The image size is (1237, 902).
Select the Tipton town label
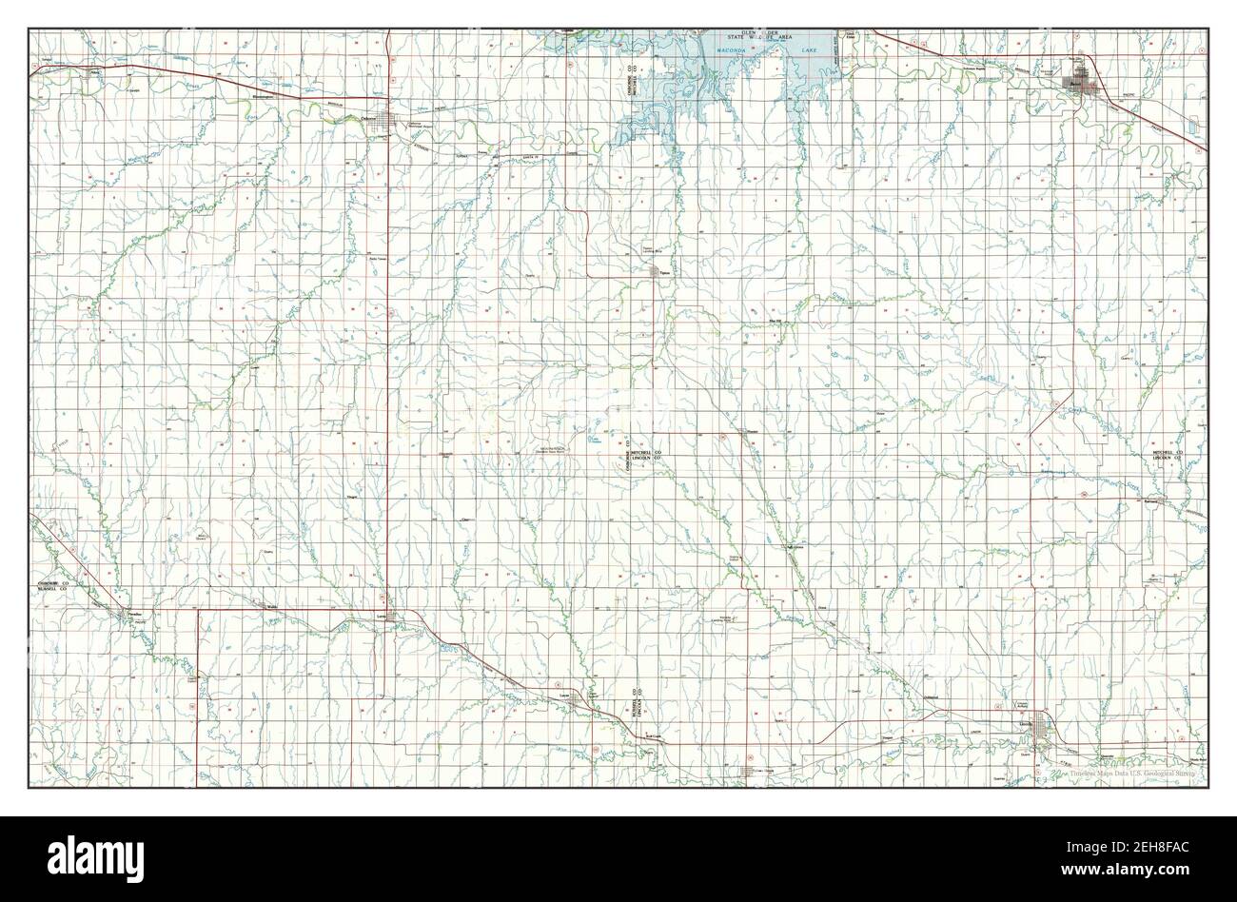pyautogui.click(x=664, y=274)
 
